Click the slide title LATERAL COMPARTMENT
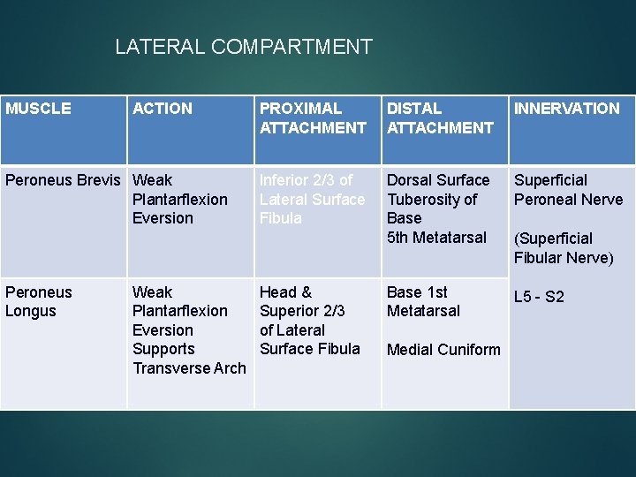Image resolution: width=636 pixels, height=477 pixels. pyautogui.click(x=244, y=47)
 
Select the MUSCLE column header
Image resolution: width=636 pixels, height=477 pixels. pyautogui.click(x=38, y=109)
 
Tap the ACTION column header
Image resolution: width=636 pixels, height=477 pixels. pyautogui.click(x=162, y=109)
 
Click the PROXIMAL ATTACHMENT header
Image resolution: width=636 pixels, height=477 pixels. pyautogui.click(x=312, y=118)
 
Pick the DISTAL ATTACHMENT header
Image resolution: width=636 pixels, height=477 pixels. pyautogui.click(x=439, y=118)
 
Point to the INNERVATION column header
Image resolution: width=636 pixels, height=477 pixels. pyautogui.click(x=566, y=109)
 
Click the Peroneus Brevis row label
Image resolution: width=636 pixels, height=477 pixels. pyautogui.click(x=62, y=180)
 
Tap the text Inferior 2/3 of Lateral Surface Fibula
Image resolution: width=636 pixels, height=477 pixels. pyautogui.click(x=311, y=199)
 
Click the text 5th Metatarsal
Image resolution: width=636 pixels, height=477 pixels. pyautogui.click(x=436, y=237)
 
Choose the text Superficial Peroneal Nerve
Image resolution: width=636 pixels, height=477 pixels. pyautogui.click(x=568, y=190)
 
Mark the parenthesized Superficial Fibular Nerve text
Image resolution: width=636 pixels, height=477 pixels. pyautogui.click(x=564, y=248)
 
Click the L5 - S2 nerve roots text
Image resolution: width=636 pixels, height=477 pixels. pyautogui.click(x=538, y=297)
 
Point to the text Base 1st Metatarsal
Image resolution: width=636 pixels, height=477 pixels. pyautogui.click(x=423, y=301)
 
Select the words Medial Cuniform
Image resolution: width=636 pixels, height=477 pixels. pyautogui.click(x=443, y=350)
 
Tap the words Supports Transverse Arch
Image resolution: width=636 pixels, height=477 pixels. pyautogui.click(x=188, y=359)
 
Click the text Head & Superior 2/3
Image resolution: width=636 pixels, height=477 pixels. pyautogui.click(x=301, y=301)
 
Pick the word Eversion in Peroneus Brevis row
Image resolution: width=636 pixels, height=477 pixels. pyautogui.click(x=163, y=218)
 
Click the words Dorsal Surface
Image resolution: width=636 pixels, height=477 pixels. pyautogui.click(x=437, y=180)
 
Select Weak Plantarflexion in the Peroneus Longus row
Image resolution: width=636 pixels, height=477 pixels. pyautogui.click(x=179, y=301)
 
